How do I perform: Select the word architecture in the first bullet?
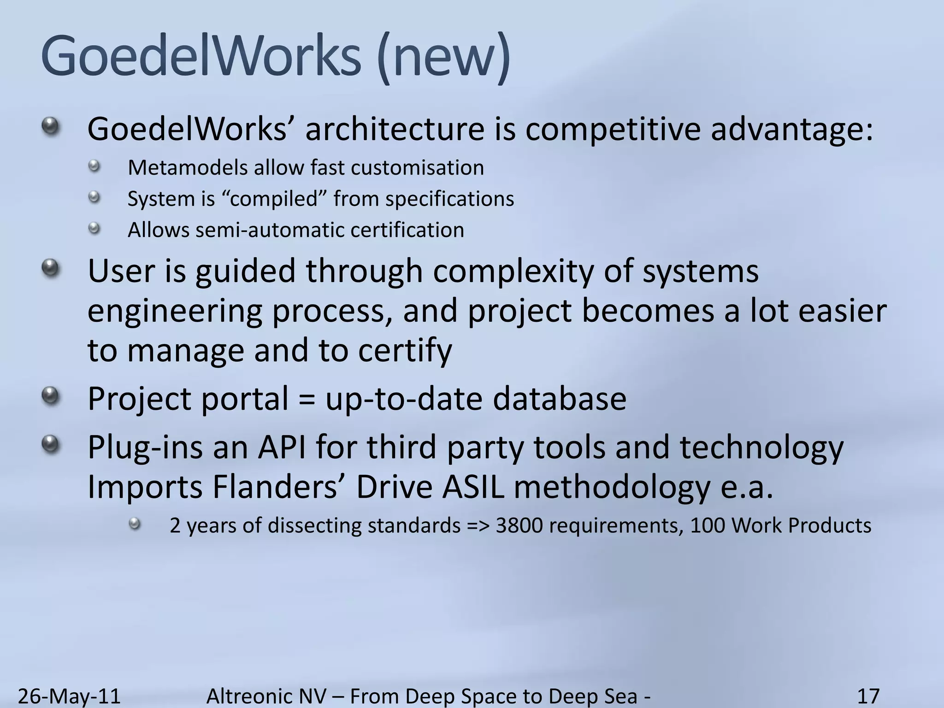(x=395, y=130)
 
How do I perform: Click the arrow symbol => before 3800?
(x=478, y=526)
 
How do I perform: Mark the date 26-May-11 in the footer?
(x=69, y=696)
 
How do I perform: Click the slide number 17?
(x=868, y=696)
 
